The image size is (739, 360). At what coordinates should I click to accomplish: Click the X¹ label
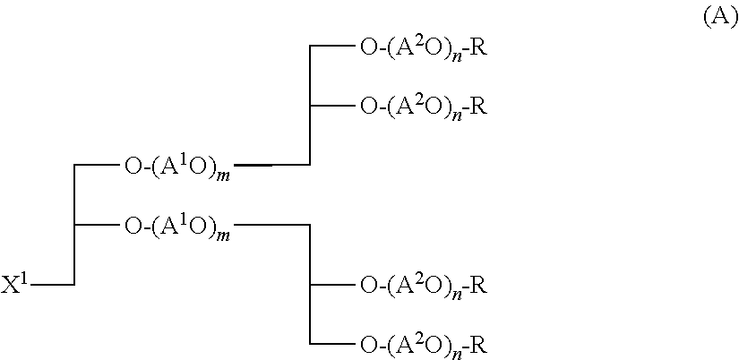pyautogui.click(x=15, y=287)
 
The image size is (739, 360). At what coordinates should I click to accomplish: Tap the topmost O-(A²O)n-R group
pyautogui.click(x=423, y=48)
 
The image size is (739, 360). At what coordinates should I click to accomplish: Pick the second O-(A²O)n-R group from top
pyautogui.click(x=423, y=107)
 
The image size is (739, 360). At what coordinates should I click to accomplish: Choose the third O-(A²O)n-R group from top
pyautogui.click(x=423, y=287)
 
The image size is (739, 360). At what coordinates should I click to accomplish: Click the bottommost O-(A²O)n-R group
pyautogui.click(x=423, y=345)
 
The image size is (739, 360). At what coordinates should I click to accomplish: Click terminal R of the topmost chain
pyautogui.click(x=479, y=47)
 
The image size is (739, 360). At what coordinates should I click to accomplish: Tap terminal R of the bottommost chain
pyautogui.click(x=479, y=344)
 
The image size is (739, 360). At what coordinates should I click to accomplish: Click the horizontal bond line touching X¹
pyautogui.click(x=53, y=285)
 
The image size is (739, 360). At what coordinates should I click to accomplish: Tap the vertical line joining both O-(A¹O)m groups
pyautogui.click(x=74, y=224)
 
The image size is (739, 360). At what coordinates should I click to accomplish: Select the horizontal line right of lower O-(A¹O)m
pyautogui.click(x=271, y=225)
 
